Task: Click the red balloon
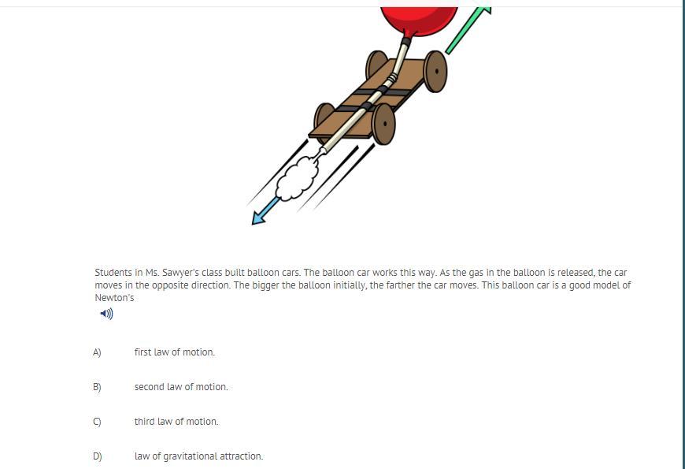(x=419, y=20)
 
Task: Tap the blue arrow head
(x=258, y=218)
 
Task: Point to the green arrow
(x=468, y=29)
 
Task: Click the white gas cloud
(x=298, y=178)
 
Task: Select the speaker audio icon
(x=106, y=314)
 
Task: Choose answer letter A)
(x=97, y=352)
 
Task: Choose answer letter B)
(x=97, y=387)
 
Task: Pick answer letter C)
(x=97, y=422)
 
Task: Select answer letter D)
(x=98, y=456)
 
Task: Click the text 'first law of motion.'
(x=175, y=352)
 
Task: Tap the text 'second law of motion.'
(x=181, y=387)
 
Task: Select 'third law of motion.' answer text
(x=176, y=422)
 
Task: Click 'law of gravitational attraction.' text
(x=198, y=456)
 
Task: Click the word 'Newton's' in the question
(x=114, y=298)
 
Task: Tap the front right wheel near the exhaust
(x=383, y=125)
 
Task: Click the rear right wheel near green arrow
(x=435, y=71)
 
